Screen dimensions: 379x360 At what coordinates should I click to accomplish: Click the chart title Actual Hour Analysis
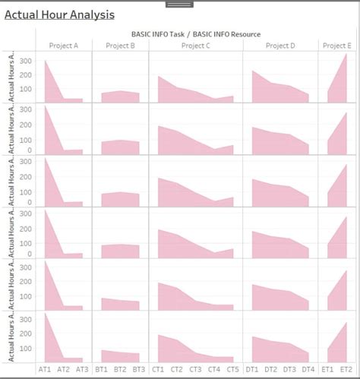(60, 14)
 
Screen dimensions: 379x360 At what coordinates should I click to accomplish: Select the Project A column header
(64, 46)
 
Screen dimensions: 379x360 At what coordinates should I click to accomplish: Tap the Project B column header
(121, 46)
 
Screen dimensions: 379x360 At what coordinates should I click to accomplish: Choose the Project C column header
(196, 46)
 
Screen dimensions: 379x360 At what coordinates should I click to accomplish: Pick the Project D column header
(280, 46)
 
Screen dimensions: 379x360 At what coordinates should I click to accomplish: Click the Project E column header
(336, 46)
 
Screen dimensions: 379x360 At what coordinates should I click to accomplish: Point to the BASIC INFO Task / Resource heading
(196, 34)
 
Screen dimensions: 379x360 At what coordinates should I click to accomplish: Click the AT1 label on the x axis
(45, 369)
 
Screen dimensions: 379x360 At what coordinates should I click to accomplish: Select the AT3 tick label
(82, 369)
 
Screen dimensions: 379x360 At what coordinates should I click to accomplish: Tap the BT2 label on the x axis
(120, 369)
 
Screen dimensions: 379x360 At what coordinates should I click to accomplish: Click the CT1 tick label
(158, 369)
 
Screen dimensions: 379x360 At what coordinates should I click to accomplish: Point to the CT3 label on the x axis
(195, 369)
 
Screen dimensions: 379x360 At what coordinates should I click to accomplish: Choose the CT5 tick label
(232, 369)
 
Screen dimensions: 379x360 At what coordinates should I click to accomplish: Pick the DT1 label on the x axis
(252, 369)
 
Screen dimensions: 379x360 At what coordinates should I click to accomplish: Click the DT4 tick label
(308, 369)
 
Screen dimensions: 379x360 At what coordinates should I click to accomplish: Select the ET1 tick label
(327, 369)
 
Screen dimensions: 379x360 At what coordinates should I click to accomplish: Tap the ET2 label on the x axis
(346, 369)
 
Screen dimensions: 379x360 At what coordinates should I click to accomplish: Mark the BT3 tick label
(139, 369)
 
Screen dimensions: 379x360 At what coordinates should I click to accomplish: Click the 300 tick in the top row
(26, 61)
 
